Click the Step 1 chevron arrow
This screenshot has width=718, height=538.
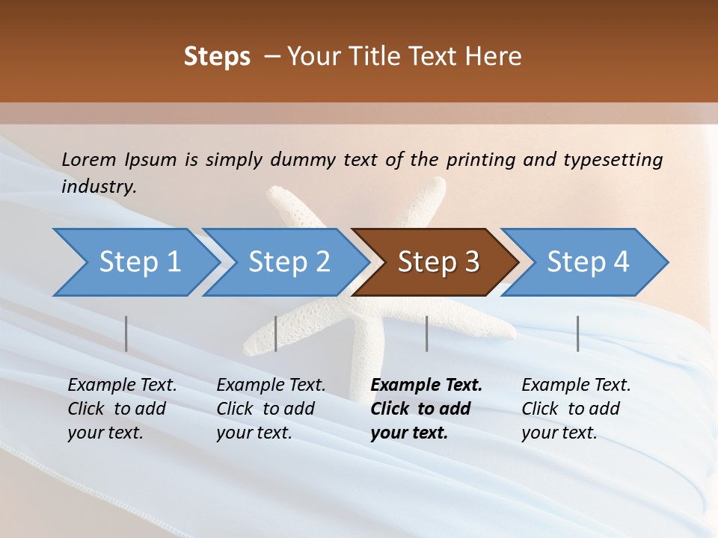(x=139, y=262)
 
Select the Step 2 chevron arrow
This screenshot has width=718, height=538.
(x=289, y=262)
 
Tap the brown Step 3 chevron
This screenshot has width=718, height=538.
(x=438, y=262)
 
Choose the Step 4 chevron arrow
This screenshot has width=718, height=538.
(x=588, y=262)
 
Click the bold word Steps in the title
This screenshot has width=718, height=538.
(x=217, y=57)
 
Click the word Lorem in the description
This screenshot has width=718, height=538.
(x=89, y=159)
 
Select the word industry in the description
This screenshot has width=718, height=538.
(x=99, y=187)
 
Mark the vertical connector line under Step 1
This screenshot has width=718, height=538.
(x=126, y=333)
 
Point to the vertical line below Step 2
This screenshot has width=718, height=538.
(x=276, y=333)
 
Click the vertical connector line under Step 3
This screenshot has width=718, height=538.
(x=426, y=333)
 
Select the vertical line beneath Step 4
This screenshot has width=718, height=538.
(x=577, y=333)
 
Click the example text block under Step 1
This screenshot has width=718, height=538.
(x=122, y=409)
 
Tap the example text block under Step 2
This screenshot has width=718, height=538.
(x=271, y=409)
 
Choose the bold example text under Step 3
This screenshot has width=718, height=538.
(x=426, y=409)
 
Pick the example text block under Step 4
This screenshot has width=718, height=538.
(x=576, y=409)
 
